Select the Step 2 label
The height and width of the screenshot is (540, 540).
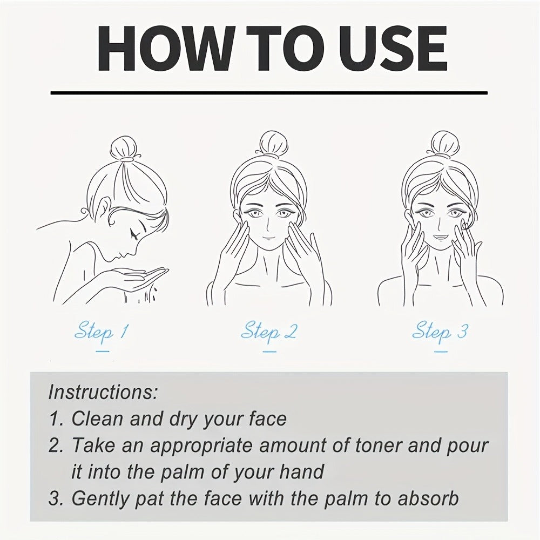coord(268,331)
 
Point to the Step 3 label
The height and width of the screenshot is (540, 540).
coord(440,331)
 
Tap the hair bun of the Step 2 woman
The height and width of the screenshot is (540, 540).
coord(273,144)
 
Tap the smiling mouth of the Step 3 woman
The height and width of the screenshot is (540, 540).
coord(440,238)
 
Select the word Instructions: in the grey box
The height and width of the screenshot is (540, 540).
coord(103,391)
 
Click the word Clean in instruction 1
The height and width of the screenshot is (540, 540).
coord(97,419)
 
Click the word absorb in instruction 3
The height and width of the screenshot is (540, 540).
coord(428,498)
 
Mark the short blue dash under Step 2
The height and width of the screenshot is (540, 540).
coord(269,352)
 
